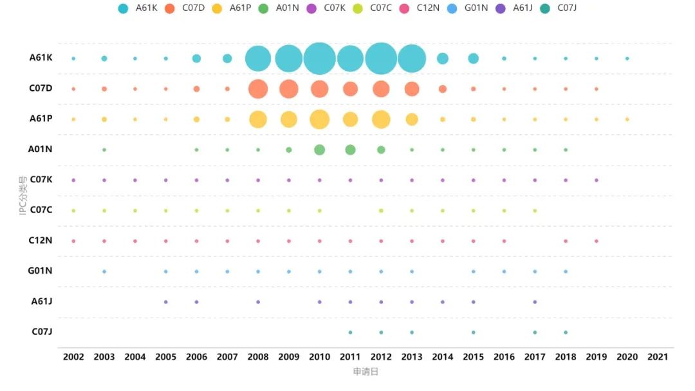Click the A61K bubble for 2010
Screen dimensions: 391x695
(x=319, y=59)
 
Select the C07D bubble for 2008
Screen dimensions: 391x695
(x=258, y=89)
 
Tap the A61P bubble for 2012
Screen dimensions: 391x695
(x=381, y=119)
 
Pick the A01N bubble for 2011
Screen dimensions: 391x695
(x=350, y=150)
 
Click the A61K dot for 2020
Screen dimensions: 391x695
(x=627, y=59)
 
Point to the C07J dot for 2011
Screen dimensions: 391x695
(x=350, y=332)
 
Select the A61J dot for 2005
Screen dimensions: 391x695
(x=166, y=302)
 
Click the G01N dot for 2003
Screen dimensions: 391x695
(x=104, y=272)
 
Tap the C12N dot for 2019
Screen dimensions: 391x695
(x=597, y=242)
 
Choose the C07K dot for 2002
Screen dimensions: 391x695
(x=73, y=180)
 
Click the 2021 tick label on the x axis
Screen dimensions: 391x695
(x=658, y=357)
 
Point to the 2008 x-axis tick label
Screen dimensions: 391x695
(x=258, y=357)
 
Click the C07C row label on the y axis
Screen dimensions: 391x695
(x=41, y=210)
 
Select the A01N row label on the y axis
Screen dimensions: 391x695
(x=40, y=149)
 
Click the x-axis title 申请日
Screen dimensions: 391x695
(x=366, y=372)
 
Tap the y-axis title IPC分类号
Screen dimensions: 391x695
(x=23, y=195)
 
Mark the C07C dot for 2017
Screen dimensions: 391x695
(x=535, y=211)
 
